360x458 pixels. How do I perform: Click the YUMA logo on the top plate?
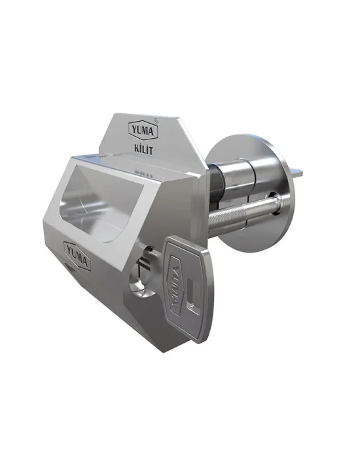[143, 130]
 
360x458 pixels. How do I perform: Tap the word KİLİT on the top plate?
[144, 150]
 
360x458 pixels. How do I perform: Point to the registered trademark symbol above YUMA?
[156, 120]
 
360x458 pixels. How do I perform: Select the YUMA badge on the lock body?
[77, 253]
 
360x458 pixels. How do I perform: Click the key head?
[187, 288]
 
